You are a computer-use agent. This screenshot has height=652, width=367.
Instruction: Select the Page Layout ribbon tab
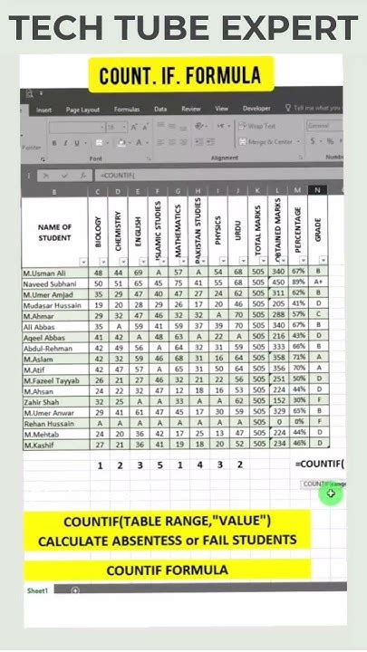tap(83, 109)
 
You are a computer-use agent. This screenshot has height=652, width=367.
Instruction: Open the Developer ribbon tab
tap(256, 109)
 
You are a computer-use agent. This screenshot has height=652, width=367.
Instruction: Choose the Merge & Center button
tap(268, 141)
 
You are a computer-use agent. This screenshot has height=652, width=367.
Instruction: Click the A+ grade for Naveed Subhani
tap(318, 283)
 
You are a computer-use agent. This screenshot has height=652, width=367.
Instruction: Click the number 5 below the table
tap(159, 465)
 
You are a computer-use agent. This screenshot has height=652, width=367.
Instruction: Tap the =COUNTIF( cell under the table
tap(319, 465)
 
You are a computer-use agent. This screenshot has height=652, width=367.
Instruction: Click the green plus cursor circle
tap(333, 494)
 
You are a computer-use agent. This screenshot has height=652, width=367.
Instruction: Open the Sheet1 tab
tap(36, 590)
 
